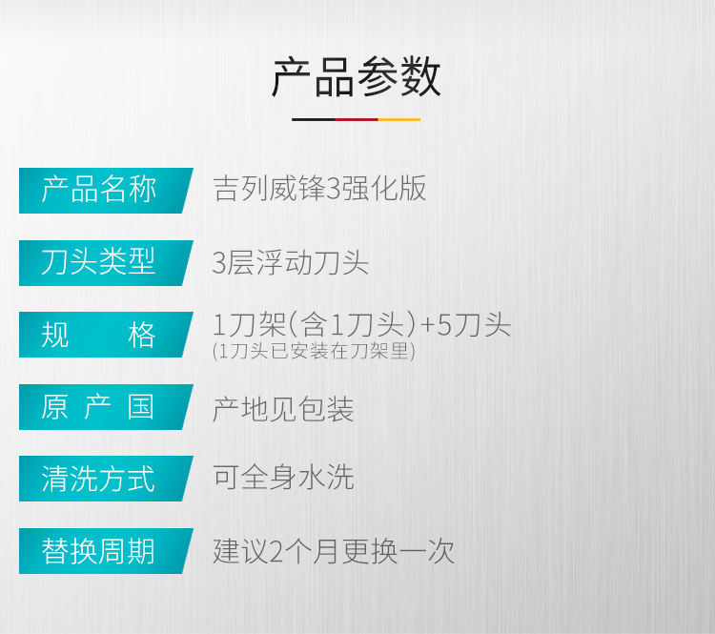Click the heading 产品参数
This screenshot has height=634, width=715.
pos(357,77)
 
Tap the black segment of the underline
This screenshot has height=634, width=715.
pos(314,119)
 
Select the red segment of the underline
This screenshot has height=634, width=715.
pos(357,119)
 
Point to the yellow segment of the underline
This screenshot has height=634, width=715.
pos(399,119)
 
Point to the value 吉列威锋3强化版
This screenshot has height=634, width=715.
pos(319,189)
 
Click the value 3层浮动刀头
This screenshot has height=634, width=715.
pos(291,263)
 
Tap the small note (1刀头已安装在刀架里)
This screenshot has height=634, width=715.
pos(314,351)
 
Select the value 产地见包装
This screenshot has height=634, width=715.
pos(283,409)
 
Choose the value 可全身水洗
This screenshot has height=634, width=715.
pos(283,477)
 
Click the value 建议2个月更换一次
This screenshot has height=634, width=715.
pos(334,551)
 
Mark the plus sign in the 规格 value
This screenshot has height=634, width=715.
pos(428,325)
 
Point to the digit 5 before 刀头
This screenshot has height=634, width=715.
pos(444,325)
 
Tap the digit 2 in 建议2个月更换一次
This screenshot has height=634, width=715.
pos(276,552)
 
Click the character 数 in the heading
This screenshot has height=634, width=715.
pos(420,77)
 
